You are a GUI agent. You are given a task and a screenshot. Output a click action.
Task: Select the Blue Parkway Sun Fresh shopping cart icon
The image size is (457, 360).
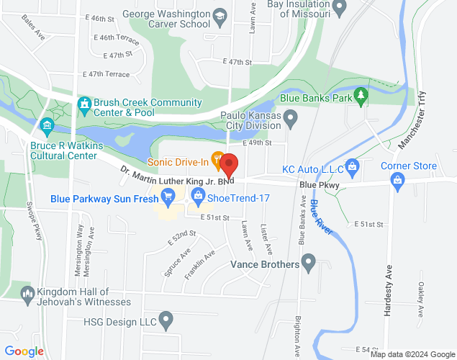point(168,194)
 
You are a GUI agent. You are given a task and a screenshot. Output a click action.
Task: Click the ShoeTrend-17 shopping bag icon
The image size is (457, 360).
point(196,194)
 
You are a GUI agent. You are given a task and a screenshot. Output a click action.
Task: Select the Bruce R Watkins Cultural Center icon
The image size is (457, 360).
point(48,127)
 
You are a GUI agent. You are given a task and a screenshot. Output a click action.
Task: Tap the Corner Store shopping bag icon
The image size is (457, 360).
point(397,180)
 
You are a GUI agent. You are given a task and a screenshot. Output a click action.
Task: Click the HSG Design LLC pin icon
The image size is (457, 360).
point(166,319)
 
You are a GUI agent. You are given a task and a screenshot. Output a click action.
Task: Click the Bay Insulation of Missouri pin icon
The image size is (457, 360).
point(341,8)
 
